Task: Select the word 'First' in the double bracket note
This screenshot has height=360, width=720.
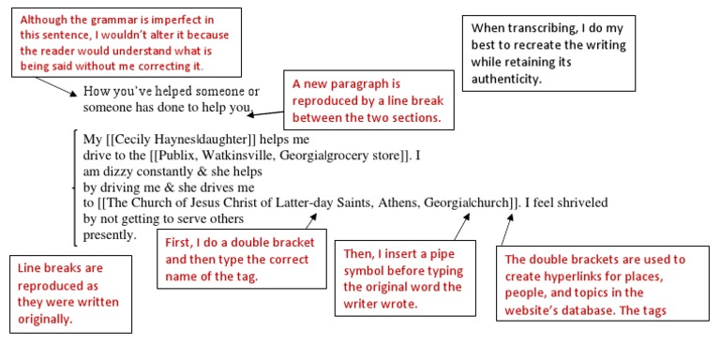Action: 180,242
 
